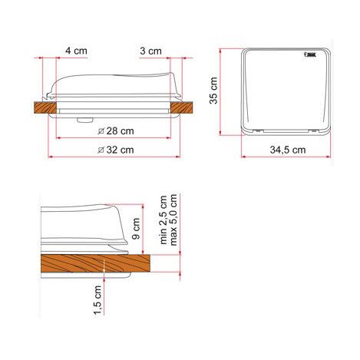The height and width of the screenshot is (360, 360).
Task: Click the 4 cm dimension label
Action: click(75, 51)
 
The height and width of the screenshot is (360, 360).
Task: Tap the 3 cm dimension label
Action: click(151, 51)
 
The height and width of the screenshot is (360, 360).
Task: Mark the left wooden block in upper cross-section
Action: click(47, 110)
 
